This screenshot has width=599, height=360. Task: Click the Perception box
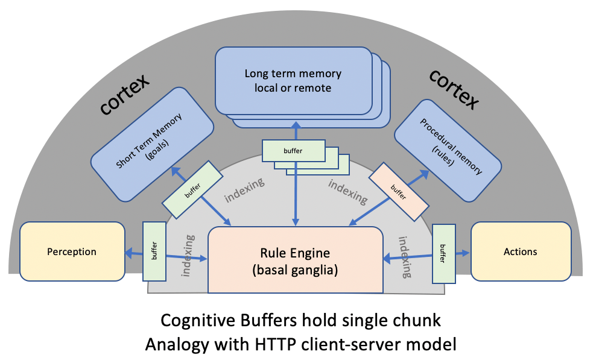click(x=71, y=251)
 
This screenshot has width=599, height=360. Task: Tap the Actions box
click(x=520, y=251)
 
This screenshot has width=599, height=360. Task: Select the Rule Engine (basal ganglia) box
click(x=295, y=261)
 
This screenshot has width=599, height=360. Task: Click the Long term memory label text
click(x=293, y=80)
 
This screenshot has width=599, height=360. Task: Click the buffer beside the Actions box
click(x=443, y=253)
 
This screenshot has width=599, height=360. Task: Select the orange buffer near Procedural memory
click(x=395, y=187)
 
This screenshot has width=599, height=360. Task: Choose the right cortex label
click(x=454, y=88)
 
